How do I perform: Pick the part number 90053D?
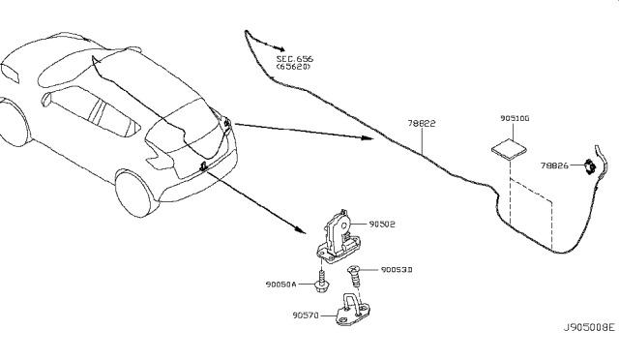coord(397,270)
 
